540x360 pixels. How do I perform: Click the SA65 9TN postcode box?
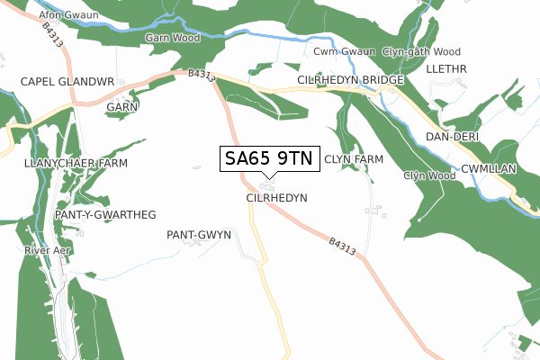(268, 158)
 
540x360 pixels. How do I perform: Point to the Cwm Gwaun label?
(344, 52)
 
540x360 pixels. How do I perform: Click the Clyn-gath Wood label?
(421, 52)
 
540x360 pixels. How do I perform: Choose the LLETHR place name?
(447, 68)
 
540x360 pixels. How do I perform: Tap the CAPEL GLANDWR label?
(67, 81)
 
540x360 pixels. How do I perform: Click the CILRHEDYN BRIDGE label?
(351, 81)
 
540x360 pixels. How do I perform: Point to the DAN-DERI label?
(452, 136)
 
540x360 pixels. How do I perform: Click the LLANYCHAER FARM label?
(76, 163)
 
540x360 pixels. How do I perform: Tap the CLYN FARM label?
(354, 159)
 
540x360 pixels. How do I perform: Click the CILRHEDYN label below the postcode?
(275, 196)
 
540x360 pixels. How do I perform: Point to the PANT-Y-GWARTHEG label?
(105, 214)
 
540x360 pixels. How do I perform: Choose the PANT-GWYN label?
(199, 234)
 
